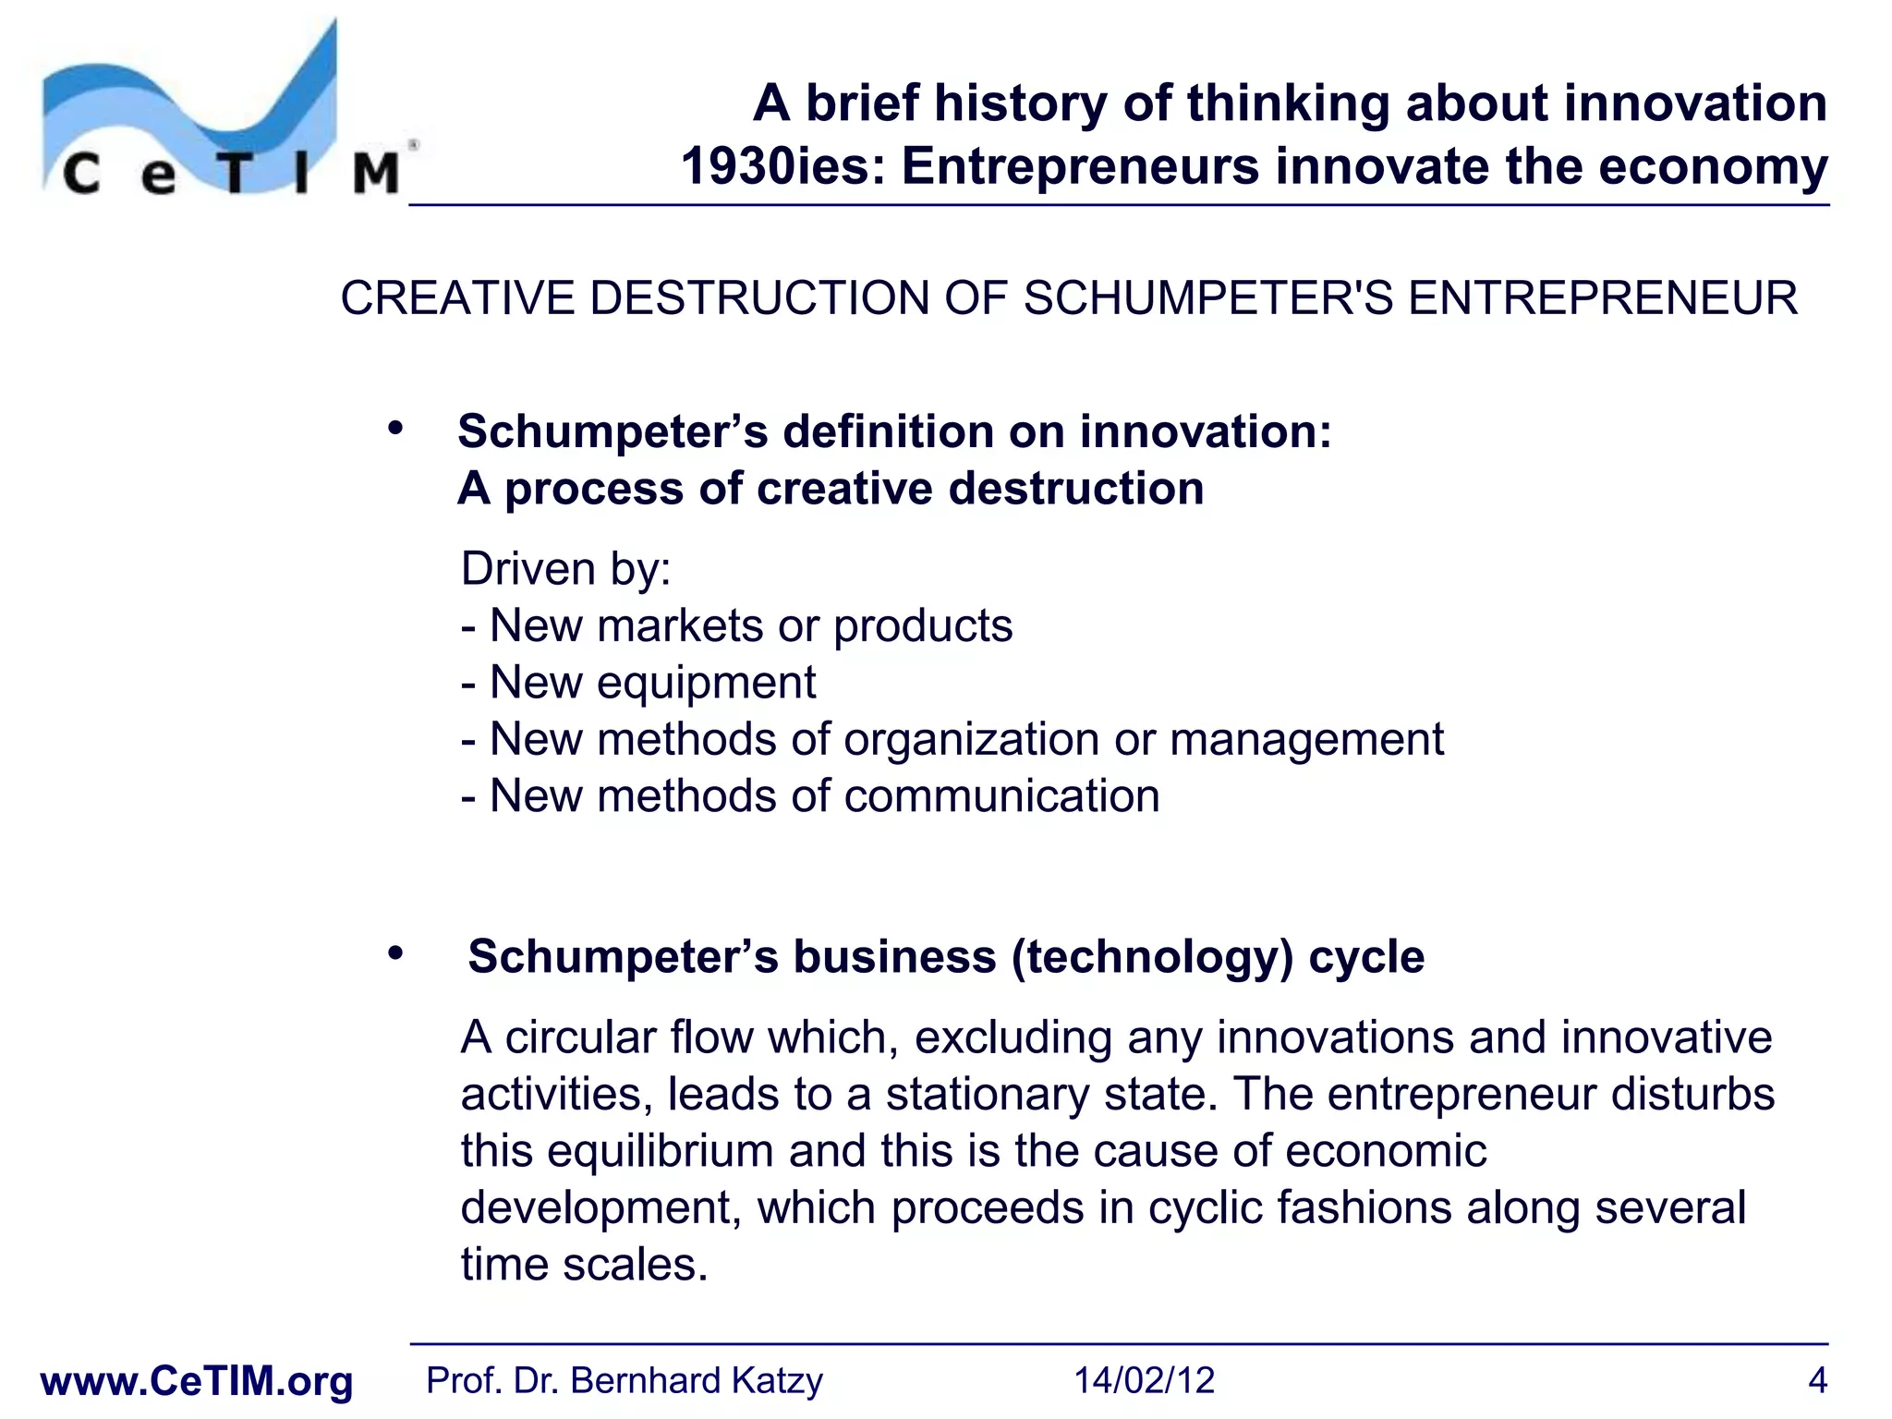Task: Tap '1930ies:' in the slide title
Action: point(784,167)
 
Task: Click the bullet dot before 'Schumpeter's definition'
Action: point(396,429)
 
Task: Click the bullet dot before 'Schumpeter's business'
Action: point(396,952)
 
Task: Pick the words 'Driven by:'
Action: point(565,568)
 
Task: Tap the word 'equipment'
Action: point(706,683)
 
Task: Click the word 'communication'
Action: point(1001,796)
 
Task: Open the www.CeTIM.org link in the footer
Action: point(197,1381)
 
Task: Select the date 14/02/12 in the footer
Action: point(1144,1381)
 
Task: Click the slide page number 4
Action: point(1816,1381)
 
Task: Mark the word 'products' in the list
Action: point(922,626)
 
